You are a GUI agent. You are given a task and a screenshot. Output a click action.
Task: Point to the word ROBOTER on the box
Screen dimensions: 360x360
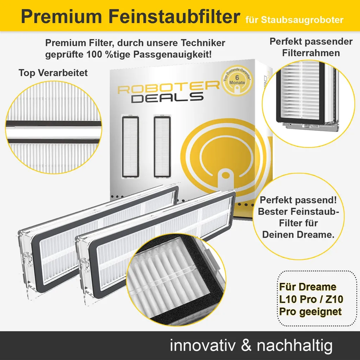pyautogui.click(x=168, y=88)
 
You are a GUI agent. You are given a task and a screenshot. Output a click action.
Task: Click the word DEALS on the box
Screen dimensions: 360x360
pyautogui.click(x=167, y=98)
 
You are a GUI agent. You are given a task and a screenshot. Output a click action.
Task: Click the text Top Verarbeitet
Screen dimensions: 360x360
pyautogui.click(x=53, y=73)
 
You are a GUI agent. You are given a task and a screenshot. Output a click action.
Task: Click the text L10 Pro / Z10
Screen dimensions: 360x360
pyautogui.click(x=311, y=299)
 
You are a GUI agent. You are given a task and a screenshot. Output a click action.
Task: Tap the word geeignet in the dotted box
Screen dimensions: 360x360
pyautogui.click(x=321, y=311)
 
